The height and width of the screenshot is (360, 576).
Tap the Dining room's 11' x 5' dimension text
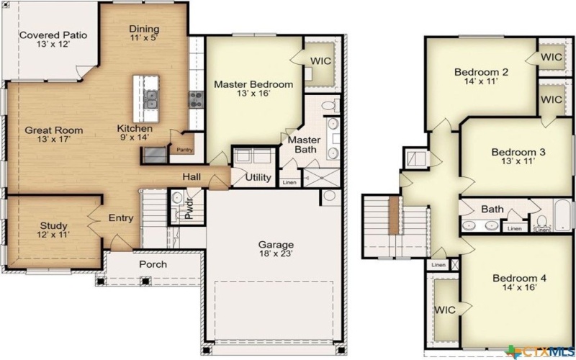click(144, 37)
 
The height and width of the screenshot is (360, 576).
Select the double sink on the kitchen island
click(151, 99)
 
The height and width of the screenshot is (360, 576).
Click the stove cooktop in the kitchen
click(196, 100)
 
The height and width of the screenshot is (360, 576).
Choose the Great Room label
click(54, 130)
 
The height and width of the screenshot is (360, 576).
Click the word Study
click(53, 225)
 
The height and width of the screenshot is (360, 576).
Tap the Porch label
click(153, 264)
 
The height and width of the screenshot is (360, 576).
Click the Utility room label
click(258, 177)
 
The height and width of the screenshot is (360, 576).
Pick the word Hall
click(192, 176)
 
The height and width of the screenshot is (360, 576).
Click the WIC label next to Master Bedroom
click(321, 61)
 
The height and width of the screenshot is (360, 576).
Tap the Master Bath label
click(304, 144)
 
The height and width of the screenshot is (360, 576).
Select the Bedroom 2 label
click(482, 72)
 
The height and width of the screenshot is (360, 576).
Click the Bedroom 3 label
click(518, 152)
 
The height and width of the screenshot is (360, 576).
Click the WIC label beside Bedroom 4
click(444, 310)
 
